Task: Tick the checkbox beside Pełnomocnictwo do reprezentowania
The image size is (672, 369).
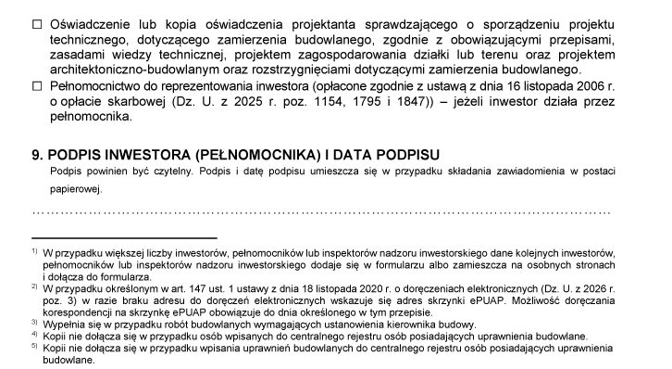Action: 37,86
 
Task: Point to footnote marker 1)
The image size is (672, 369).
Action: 33,251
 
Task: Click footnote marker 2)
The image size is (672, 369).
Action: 33,287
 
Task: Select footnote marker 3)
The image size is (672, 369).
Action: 33,323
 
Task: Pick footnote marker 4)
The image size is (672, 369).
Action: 33,335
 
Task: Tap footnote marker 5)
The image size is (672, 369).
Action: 33,347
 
